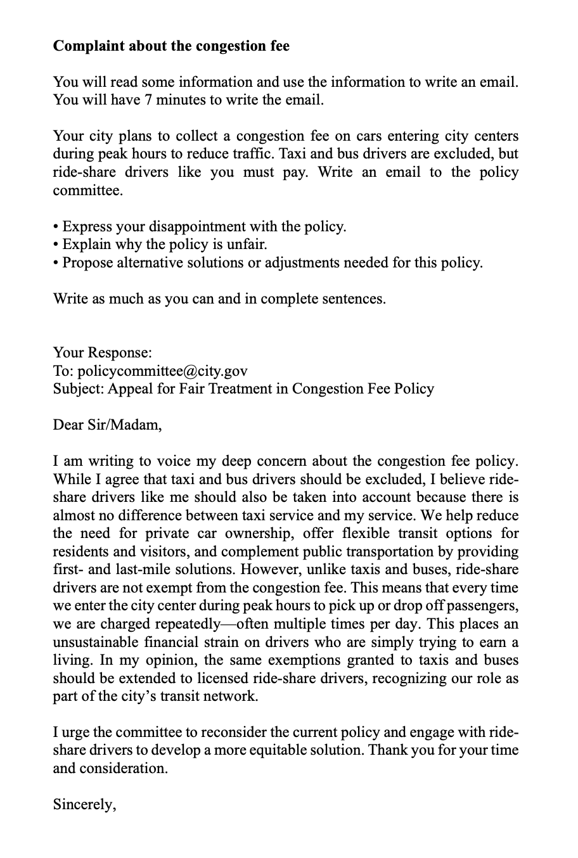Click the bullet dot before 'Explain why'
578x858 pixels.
click(56, 245)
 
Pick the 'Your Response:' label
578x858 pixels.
click(102, 353)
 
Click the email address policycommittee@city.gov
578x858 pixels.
click(162, 371)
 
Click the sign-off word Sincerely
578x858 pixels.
click(84, 805)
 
